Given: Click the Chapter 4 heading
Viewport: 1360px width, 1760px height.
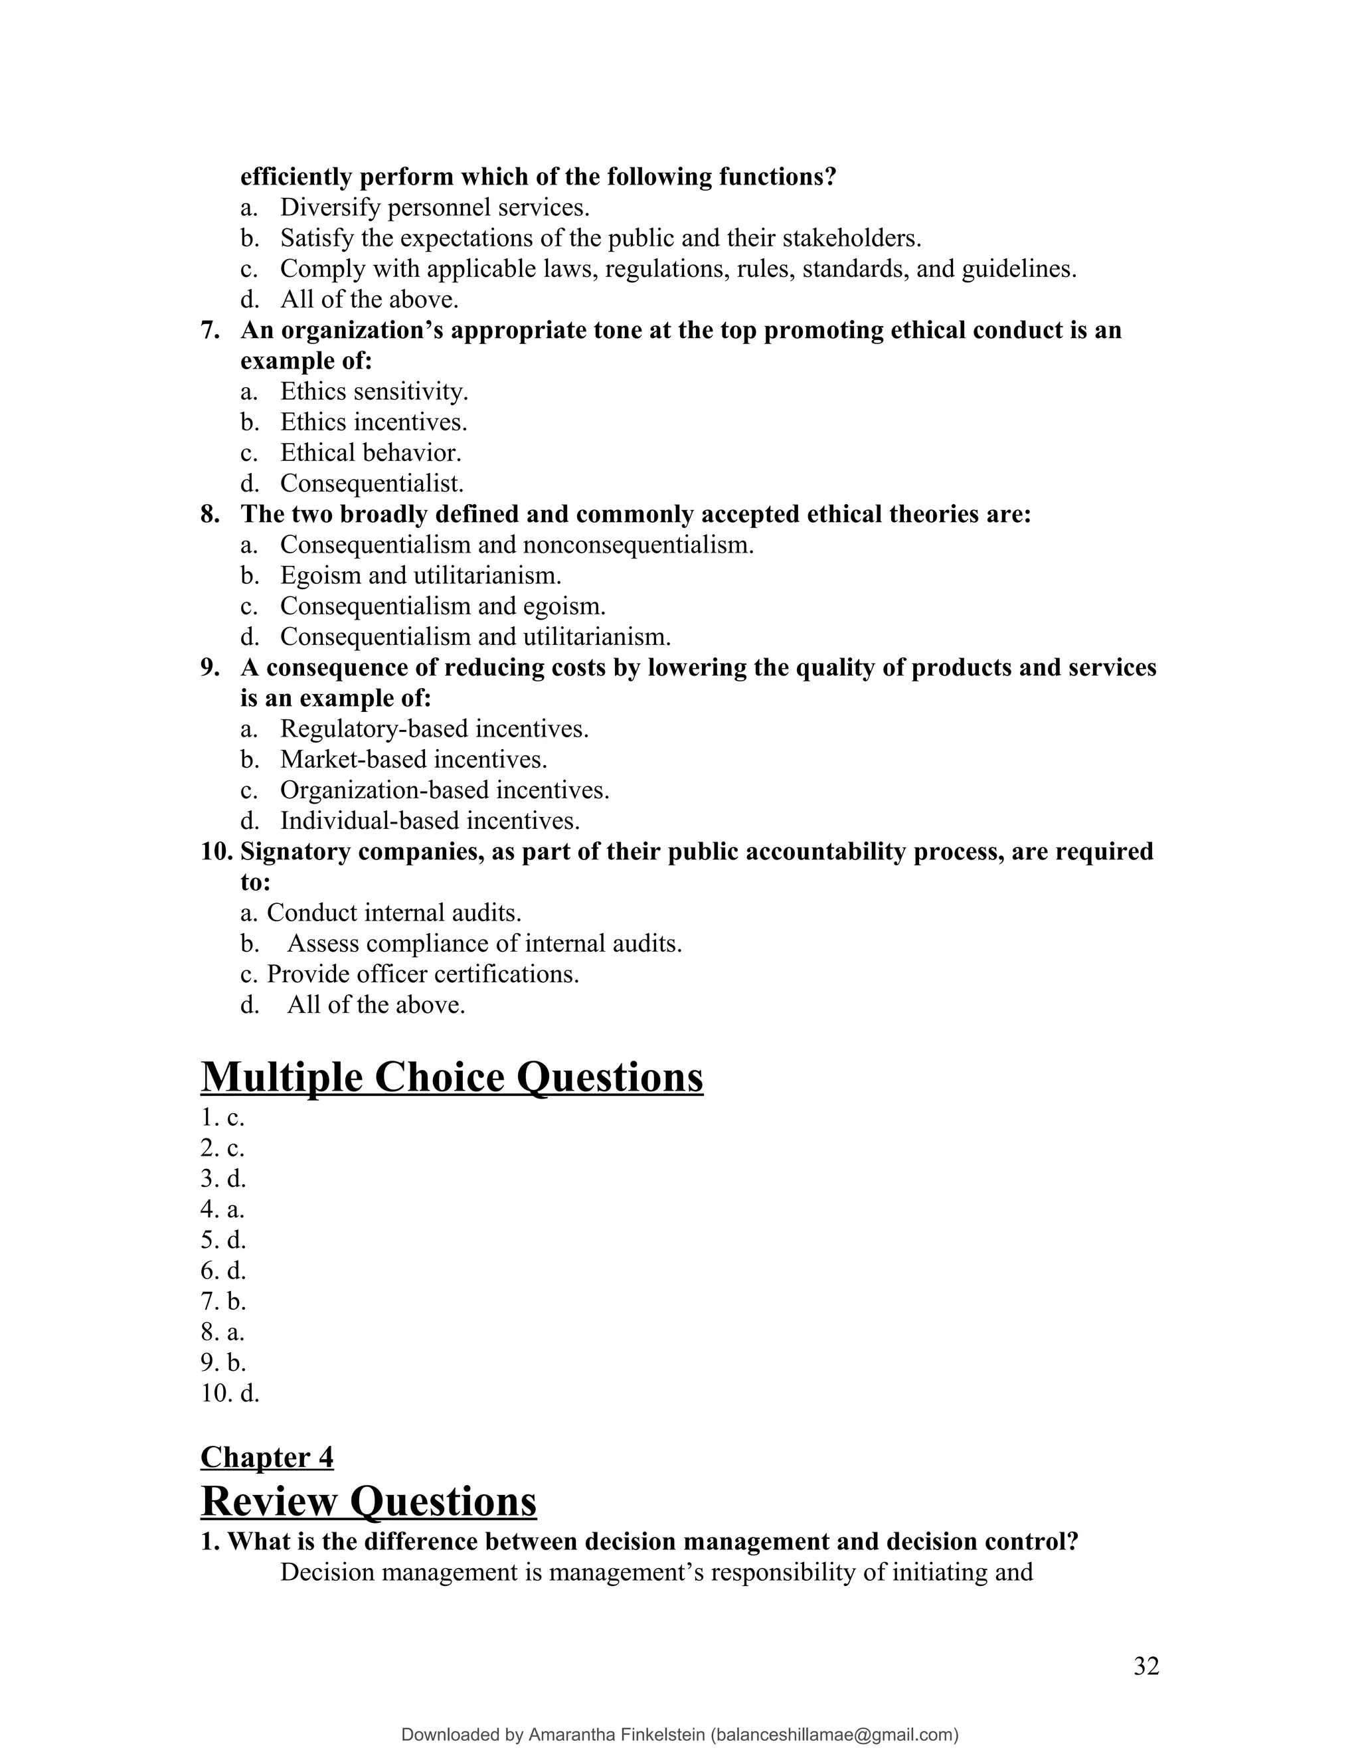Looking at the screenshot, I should [x=267, y=1457].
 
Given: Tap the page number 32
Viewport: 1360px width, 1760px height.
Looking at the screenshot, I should [x=1146, y=1666].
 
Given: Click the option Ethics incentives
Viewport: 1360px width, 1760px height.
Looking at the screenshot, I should [x=373, y=422].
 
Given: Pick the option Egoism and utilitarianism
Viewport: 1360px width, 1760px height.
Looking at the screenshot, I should [x=420, y=575].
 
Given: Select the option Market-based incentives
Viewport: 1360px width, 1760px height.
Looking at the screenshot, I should [x=413, y=759].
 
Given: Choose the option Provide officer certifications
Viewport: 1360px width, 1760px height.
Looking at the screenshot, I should [x=422, y=974].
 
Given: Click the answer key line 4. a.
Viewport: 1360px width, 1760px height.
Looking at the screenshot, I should [x=222, y=1209].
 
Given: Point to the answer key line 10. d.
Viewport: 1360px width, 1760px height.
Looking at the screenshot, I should [x=230, y=1393].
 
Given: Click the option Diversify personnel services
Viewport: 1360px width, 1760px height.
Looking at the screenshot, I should [x=434, y=207].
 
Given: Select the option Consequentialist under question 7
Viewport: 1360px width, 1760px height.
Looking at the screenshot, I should [x=371, y=484].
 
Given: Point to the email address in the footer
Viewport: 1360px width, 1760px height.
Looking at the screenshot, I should [x=835, y=1734].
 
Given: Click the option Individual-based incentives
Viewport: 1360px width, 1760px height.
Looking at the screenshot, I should [x=430, y=820].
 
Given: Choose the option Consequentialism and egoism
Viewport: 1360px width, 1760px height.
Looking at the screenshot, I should [x=442, y=606].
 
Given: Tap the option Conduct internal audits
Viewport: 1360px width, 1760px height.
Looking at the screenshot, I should [x=393, y=913].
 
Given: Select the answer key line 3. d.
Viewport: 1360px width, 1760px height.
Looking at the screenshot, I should [x=223, y=1178].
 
